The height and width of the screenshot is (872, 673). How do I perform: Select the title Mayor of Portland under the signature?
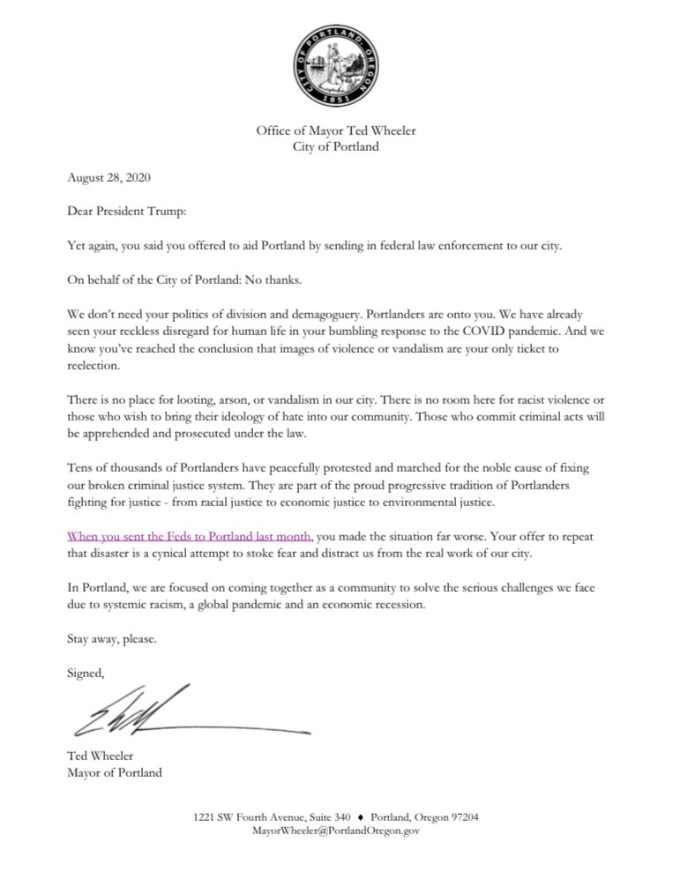[115, 774]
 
